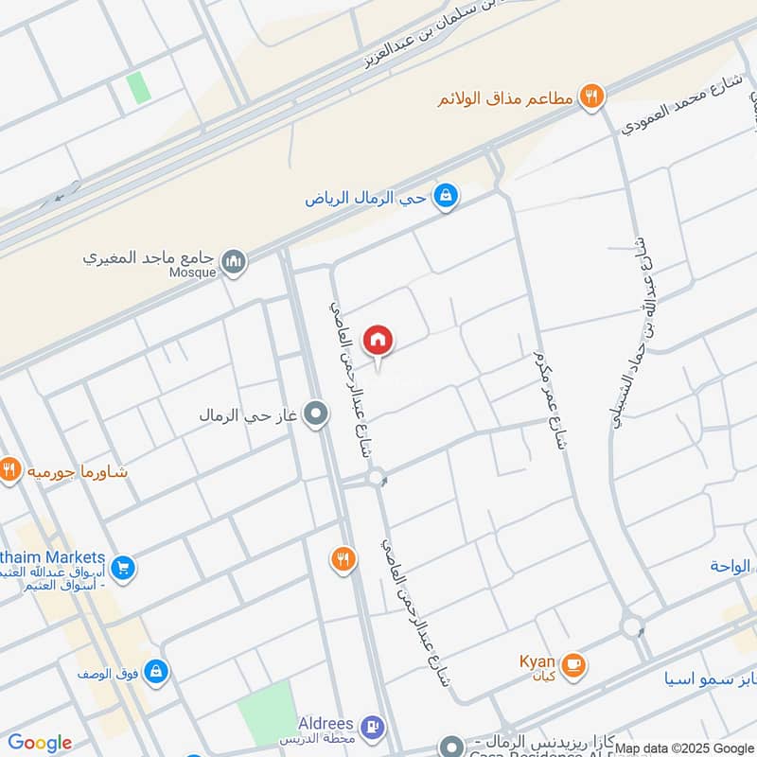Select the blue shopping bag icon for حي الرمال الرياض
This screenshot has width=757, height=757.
click(x=445, y=196)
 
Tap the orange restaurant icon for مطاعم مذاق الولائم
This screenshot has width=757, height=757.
click(x=592, y=96)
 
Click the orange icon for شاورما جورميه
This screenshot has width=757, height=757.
click(x=9, y=469)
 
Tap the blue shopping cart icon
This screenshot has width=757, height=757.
click(x=121, y=568)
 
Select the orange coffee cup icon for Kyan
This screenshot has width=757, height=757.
click(x=572, y=665)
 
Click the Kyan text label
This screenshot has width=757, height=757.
click(x=537, y=661)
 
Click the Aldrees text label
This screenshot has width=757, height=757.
click(x=325, y=722)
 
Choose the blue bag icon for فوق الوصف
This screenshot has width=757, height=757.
click(x=156, y=672)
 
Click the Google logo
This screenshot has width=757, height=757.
click(x=39, y=743)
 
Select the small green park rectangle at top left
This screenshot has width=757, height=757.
click(x=139, y=88)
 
